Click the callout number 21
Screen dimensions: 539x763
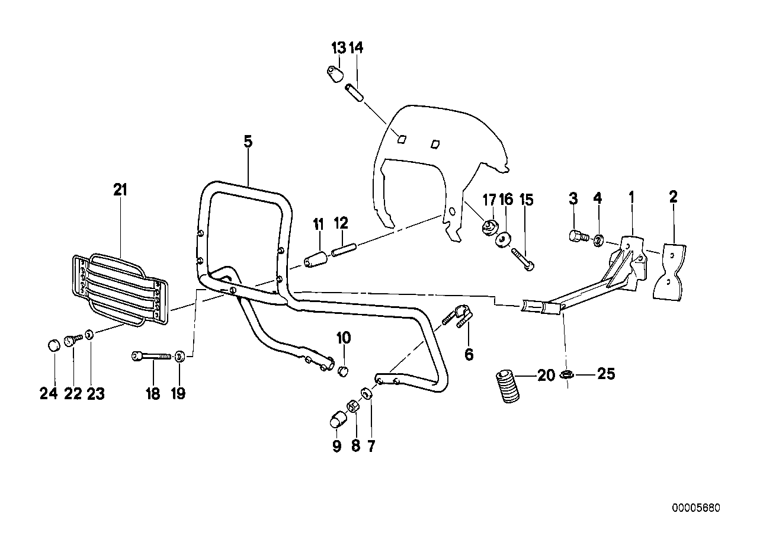[x=120, y=190]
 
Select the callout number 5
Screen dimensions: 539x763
[x=248, y=142]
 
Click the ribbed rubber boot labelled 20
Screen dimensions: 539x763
[x=506, y=387]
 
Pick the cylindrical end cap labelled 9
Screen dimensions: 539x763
[x=337, y=419]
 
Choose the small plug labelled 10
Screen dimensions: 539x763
[x=343, y=371]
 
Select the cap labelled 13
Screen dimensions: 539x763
[x=336, y=74]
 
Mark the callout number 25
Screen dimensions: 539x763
[x=606, y=374]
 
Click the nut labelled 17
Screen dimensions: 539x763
[x=490, y=226]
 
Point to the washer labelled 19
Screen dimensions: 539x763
[x=180, y=356]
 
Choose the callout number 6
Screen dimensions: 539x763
[x=469, y=355]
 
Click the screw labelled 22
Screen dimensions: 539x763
[x=74, y=339]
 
